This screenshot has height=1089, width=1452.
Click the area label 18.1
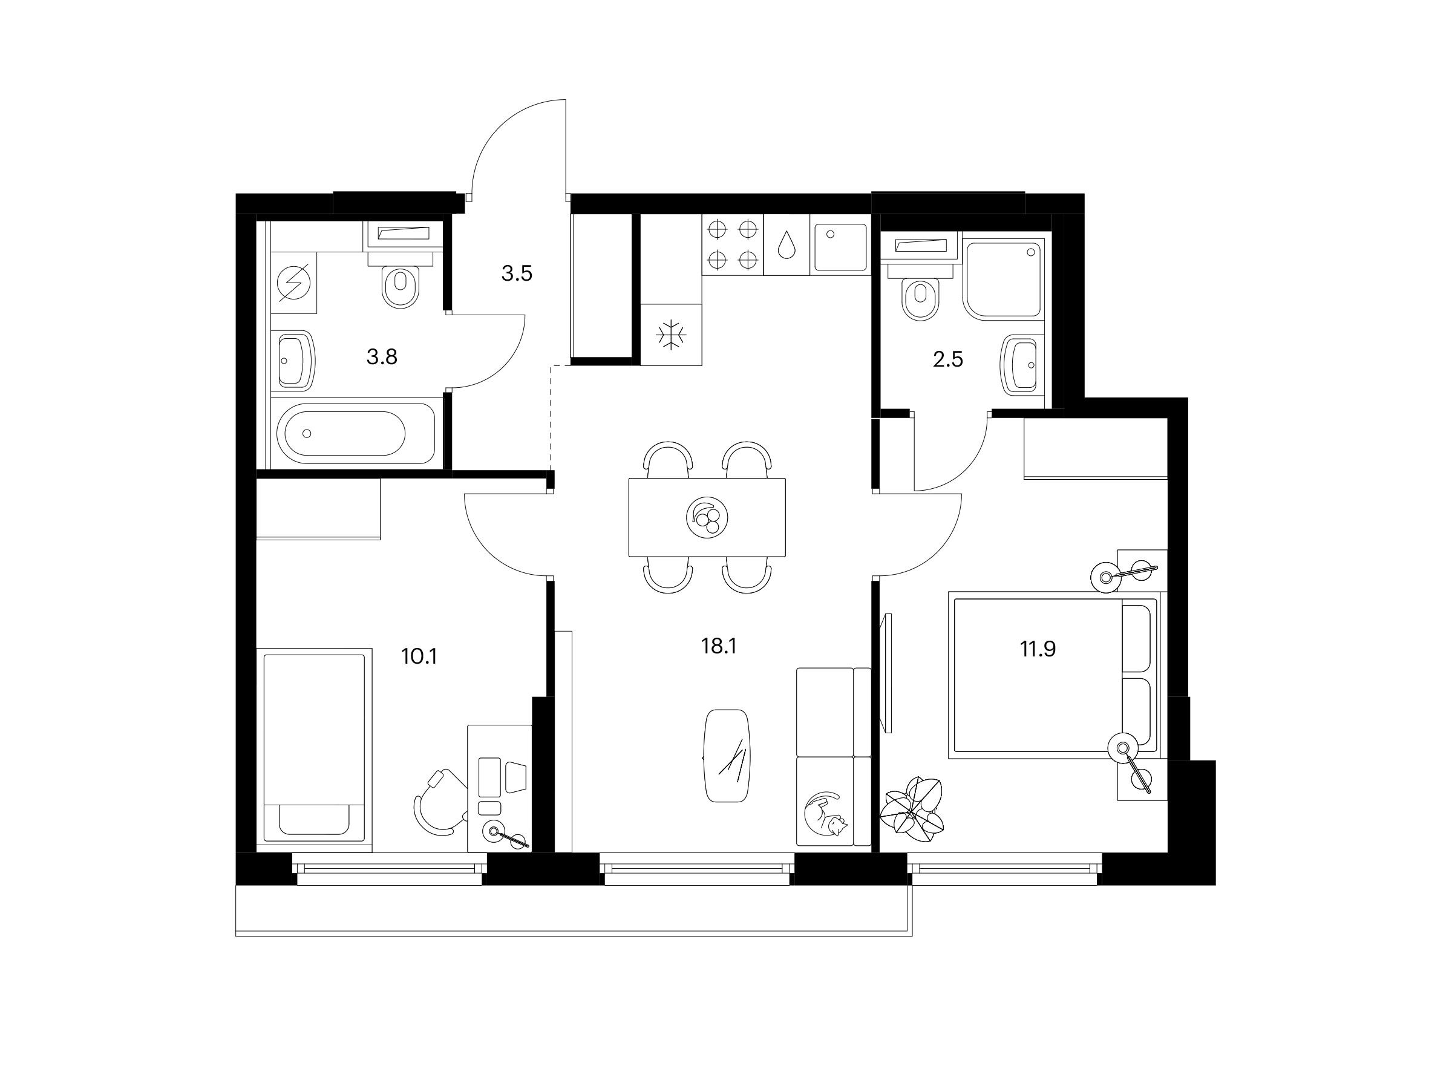(719, 647)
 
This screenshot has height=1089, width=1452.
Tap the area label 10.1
(419, 656)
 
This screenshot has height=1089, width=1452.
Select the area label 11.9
(1038, 649)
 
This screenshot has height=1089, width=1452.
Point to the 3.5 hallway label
(517, 273)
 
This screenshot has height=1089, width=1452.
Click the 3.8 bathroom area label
(381, 357)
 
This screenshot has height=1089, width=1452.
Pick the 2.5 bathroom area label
(948, 360)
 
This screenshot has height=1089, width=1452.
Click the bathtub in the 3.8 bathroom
(356, 433)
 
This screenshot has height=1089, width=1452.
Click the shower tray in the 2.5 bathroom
(1003, 281)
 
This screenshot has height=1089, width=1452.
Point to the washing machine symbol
(293, 283)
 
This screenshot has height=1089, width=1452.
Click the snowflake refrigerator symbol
(671, 335)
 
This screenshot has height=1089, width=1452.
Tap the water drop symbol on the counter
(786, 244)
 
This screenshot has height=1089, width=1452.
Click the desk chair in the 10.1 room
(440, 802)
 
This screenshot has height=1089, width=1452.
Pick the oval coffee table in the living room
(727, 756)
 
